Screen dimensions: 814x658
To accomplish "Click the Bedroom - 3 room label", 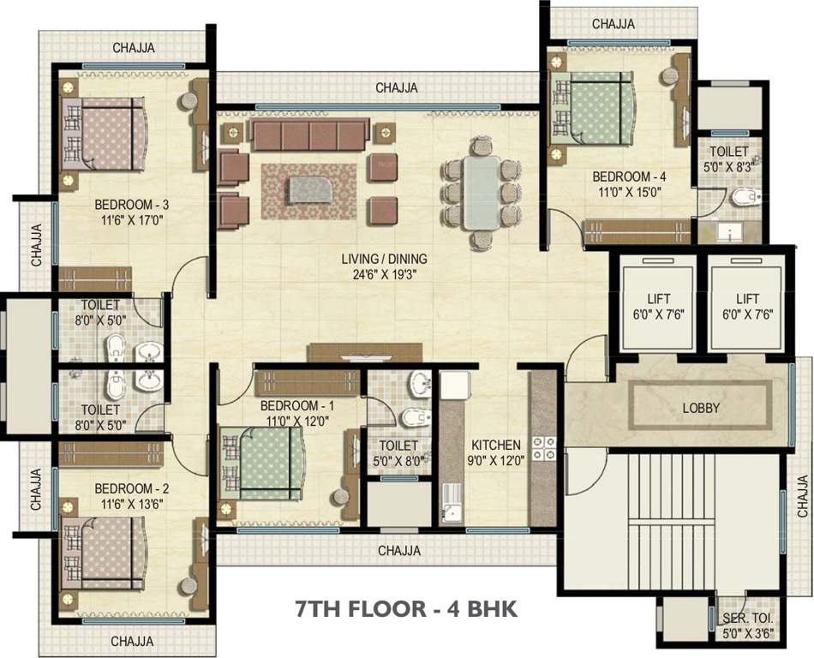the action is click(131, 205).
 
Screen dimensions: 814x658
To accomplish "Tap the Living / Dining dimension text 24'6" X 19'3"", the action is click(385, 274).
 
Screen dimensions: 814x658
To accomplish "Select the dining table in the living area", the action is click(482, 193).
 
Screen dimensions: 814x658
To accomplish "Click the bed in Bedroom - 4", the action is click(592, 107).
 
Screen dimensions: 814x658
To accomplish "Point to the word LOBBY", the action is click(701, 408).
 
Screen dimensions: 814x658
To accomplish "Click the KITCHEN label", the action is click(496, 445).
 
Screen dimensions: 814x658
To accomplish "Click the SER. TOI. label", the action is click(747, 619).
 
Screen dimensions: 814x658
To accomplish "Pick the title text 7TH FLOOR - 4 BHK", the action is click(406, 609).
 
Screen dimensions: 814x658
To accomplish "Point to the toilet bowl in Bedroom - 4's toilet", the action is click(746, 197).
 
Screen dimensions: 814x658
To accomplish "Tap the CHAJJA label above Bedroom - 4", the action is click(613, 24).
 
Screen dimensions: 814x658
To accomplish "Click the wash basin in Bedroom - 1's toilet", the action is click(421, 383).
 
